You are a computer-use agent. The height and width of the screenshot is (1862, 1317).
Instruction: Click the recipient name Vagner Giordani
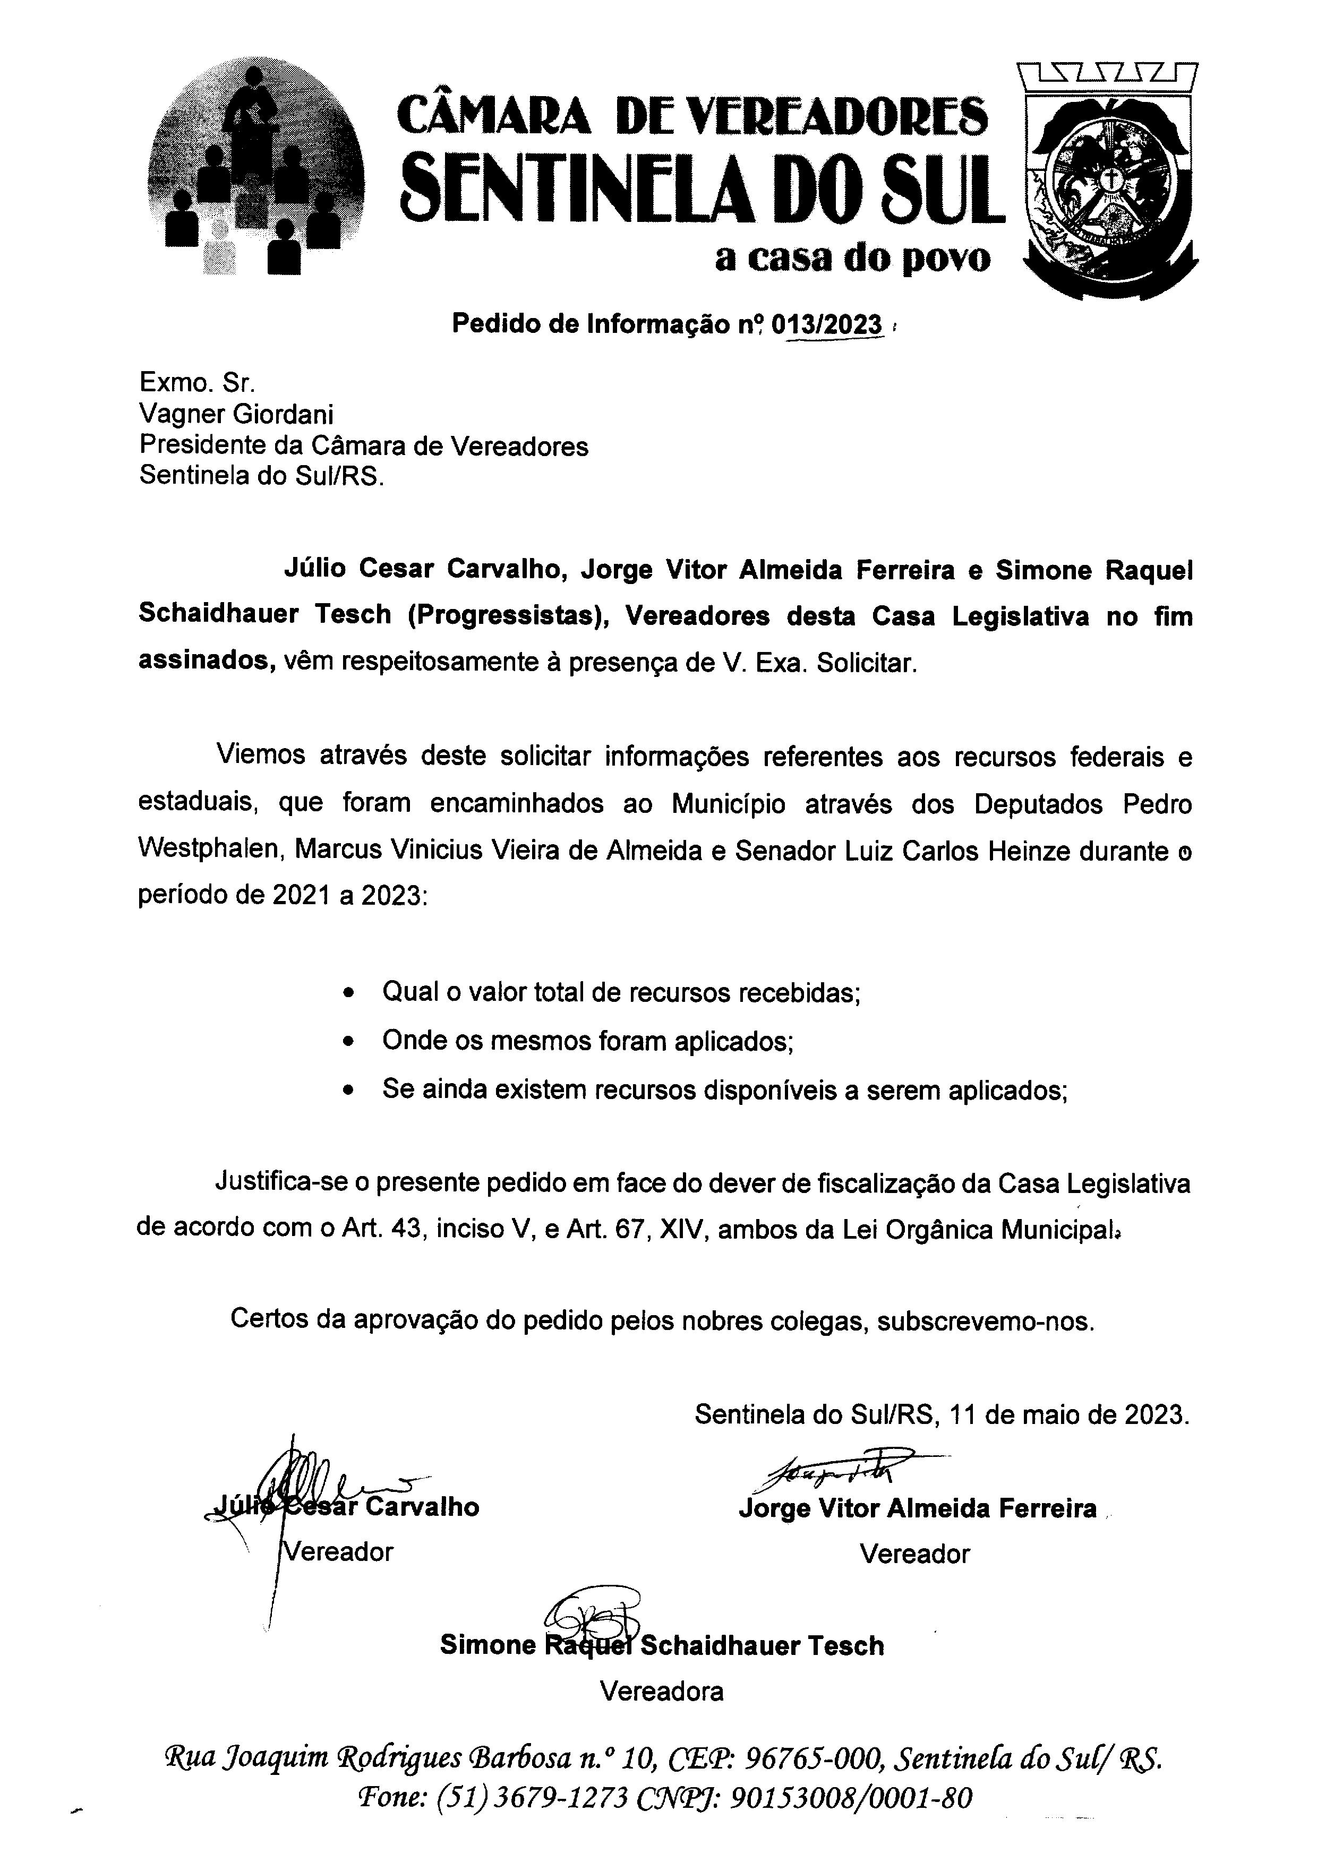pos(236,415)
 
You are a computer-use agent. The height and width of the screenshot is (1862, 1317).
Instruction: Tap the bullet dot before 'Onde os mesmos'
pos(349,1041)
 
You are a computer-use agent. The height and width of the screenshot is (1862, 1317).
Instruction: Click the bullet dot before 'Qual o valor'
pos(349,993)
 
